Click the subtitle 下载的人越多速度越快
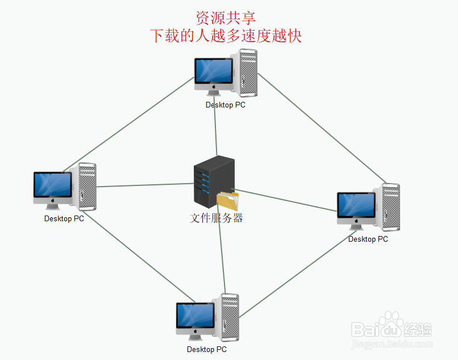pyautogui.click(x=226, y=36)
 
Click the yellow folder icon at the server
pyautogui.click(x=228, y=202)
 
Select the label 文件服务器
pyautogui.click(x=216, y=218)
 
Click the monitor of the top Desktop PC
pyautogui.click(x=213, y=73)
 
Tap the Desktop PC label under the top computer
pyautogui.click(x=226, y=105)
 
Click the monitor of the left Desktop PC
pyautogui.click(x=52, y=185)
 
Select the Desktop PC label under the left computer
pyautogui.click(x=64, y=218)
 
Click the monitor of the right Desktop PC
pyautogui.click(x=356, y=206)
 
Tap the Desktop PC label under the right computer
pyautogui.click(x=368, y=239)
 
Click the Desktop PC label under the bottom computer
pyautogui.click(x=207, y=349)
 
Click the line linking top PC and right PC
pyautogui.click(x=321, y=125)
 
